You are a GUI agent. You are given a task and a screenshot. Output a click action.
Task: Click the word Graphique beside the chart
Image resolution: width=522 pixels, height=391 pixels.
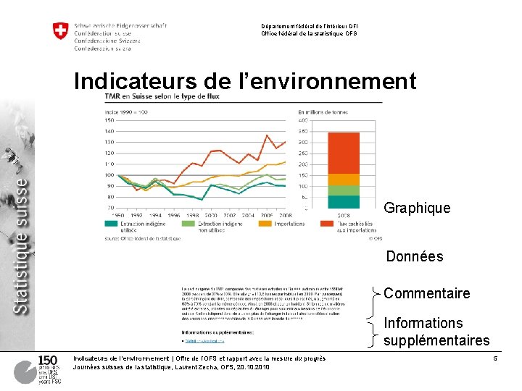tap(417, 209)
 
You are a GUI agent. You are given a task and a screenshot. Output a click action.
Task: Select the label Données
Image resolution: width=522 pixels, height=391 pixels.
tap(414, 257)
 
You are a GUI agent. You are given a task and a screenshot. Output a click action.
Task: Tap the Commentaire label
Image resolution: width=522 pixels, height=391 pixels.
tap(426, 293)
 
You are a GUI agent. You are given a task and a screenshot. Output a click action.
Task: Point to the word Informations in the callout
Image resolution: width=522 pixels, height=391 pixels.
tap(423, 323)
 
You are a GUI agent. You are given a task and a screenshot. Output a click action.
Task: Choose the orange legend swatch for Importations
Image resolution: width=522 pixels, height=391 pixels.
tap(259, 224)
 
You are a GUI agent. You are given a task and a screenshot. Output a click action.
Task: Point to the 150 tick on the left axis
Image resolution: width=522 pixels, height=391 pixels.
tap(109, 120)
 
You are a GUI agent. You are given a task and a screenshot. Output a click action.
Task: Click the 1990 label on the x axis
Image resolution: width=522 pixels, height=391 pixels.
tap(118, 216)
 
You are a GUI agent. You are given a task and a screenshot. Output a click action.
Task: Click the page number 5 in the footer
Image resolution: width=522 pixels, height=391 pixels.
tap(494, 359)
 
